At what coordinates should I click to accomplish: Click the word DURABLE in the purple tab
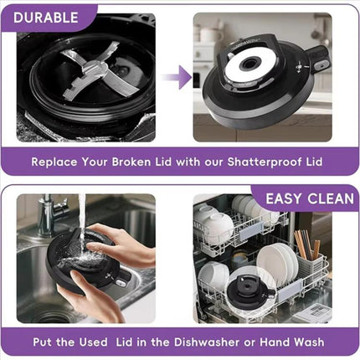click(x=46, y=18)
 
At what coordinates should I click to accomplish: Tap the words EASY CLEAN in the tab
click(x=310, y=198)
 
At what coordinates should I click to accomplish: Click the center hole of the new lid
click(x=248, y=64)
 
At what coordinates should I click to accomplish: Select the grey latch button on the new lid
click(x=321, y=65)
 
